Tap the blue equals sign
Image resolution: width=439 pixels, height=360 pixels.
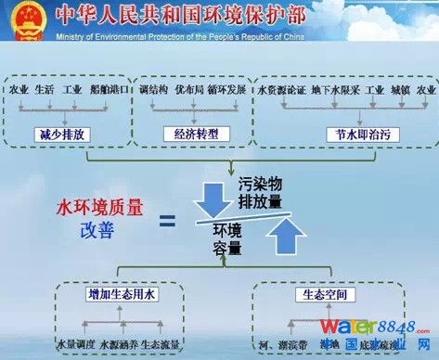[x=167, y=221]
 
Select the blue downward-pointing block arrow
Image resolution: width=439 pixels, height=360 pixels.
[x=216, y=194]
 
